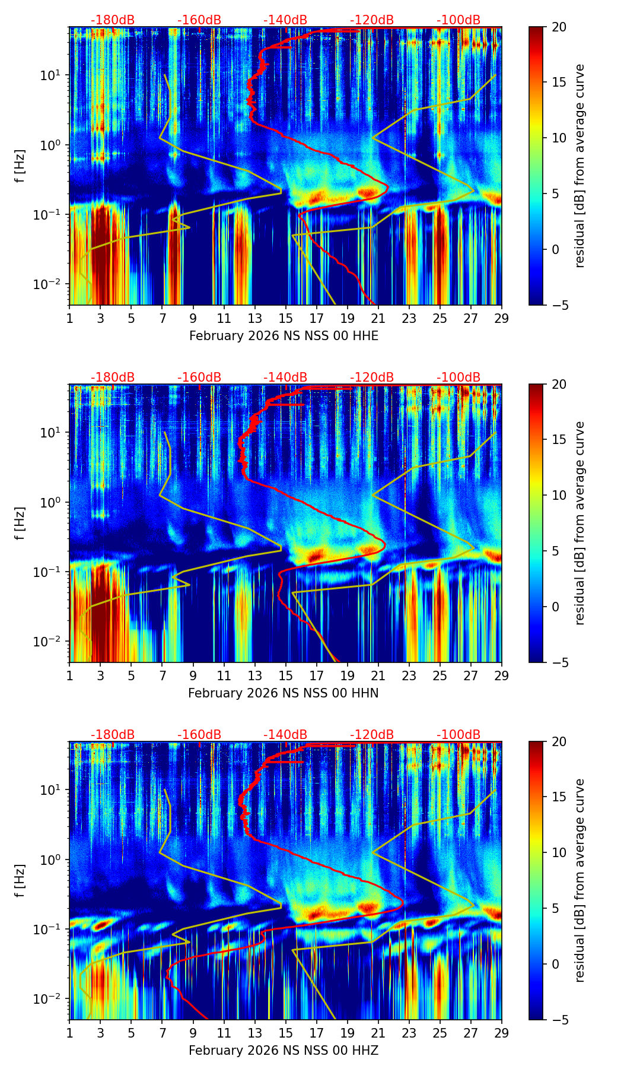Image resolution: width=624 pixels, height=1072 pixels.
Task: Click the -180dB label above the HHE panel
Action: point(113,20)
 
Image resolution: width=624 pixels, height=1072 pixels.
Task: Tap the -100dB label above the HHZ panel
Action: point(459,735)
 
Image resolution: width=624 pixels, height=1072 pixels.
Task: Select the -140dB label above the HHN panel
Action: point(285,378)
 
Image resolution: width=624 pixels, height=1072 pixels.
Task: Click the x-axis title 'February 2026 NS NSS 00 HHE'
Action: point(284,336)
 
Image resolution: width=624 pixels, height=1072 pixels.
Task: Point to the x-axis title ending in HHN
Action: point(284,693)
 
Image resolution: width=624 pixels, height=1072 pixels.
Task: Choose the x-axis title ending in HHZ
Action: point(284,1051)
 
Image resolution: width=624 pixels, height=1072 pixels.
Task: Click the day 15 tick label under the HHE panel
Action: point(286,319)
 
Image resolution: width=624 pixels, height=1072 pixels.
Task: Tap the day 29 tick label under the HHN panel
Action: point(502,676)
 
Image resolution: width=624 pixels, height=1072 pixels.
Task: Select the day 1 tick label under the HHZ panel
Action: point(70,1033)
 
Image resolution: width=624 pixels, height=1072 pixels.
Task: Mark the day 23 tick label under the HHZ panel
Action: point(409,1033)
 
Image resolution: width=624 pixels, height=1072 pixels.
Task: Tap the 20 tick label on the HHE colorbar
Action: point(559,27)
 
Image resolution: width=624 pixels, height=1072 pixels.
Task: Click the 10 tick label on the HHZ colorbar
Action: point(559,853)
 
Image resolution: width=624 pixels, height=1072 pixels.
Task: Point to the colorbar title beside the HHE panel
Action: point(580,166)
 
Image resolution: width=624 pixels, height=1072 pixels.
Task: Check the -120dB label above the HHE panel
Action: point(372,20)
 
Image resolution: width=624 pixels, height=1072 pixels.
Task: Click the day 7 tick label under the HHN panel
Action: point(163,676)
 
